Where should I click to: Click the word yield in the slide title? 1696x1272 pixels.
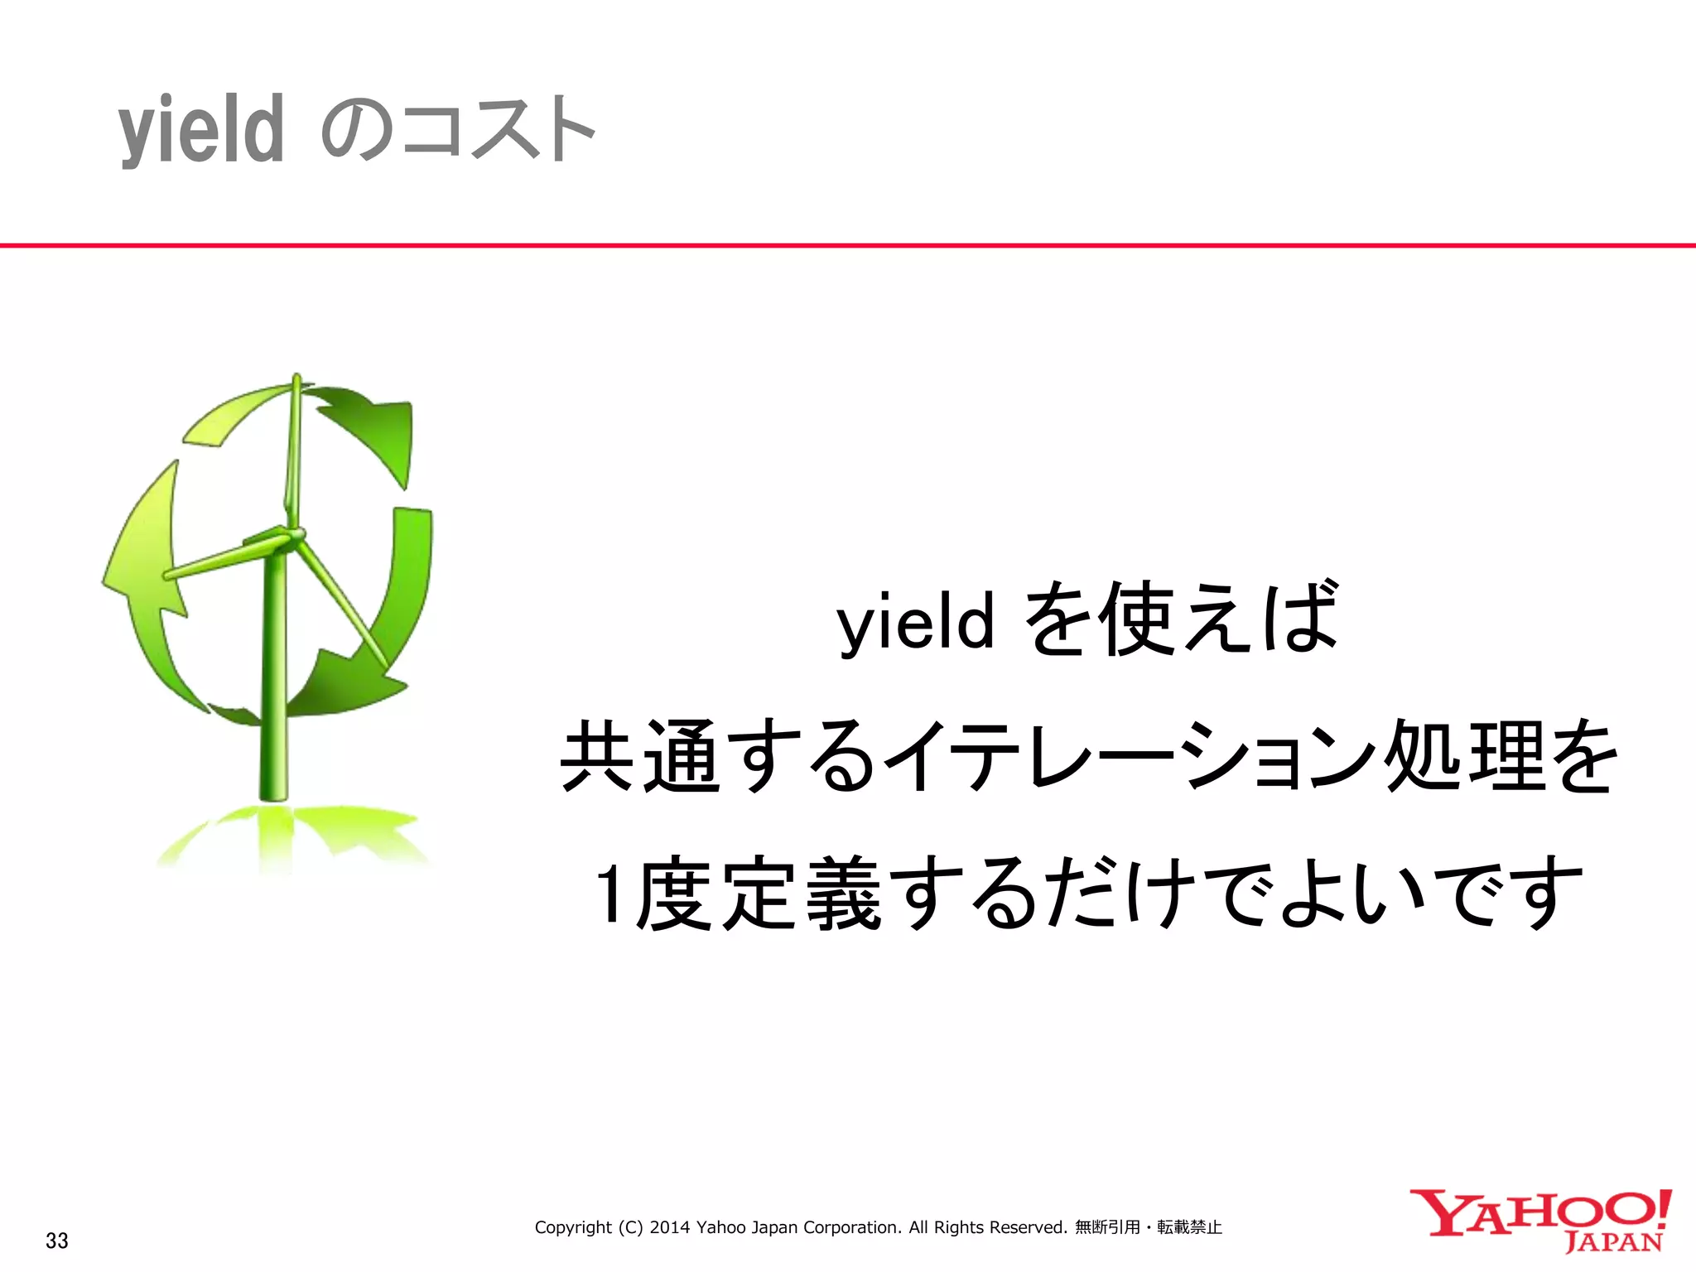[201, 131]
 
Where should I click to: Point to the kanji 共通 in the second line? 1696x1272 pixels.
[640, 756]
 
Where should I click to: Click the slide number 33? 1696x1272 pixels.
[57, 1241]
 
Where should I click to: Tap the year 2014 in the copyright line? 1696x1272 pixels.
[670, 1227]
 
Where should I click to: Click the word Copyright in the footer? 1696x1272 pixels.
[573, 1227]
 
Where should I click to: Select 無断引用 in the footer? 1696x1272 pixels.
[1107, 1227]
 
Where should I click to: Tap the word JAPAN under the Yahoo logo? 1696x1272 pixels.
[1614, 1242]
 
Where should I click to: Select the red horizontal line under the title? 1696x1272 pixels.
[848, 245]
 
